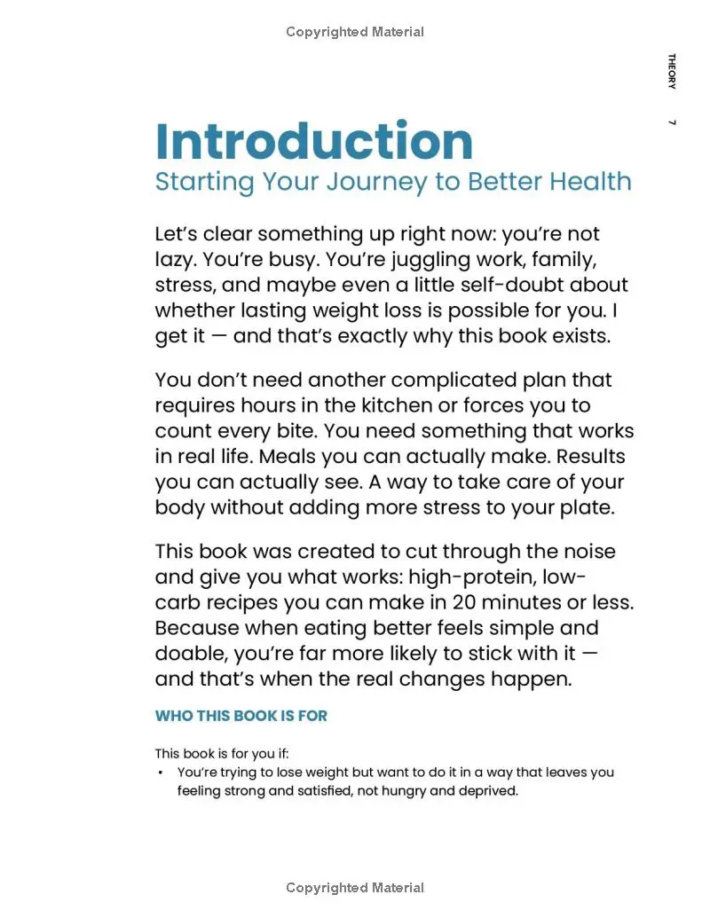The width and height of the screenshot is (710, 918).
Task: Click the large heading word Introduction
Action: (x=313, y=141)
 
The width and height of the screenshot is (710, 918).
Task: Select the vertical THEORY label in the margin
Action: (x=672, y=71)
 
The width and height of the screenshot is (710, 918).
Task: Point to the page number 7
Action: (x=672, y=122)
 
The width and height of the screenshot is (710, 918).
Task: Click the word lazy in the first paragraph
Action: (x=174, y=260)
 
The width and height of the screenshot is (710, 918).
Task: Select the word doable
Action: (x=192, y=654)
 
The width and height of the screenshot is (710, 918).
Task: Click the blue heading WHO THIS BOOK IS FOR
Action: (x=241, y=716)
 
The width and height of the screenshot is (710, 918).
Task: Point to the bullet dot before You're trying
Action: (x=161, y=773)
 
